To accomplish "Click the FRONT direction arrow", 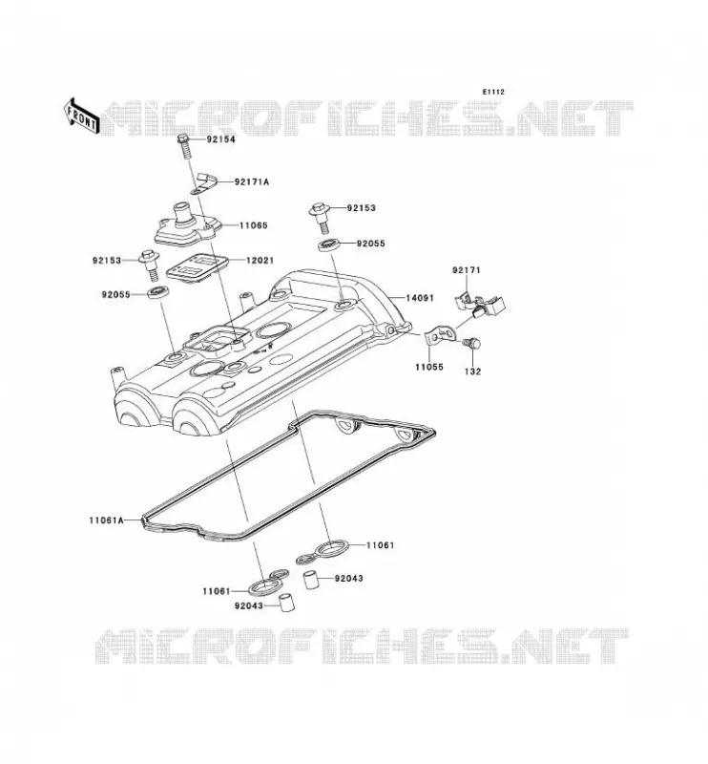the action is coord(81,116).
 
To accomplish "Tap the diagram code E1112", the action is coord(493,92).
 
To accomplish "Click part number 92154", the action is coord(220,139).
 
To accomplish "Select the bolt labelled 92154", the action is coord(184,146).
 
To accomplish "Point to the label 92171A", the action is coord(252,181).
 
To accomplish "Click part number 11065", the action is coord(253,225).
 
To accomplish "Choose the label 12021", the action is coord(260,261).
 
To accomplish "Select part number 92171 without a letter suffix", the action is coord(467,270).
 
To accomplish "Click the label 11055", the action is coord(429,367).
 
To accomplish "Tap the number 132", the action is coord(472,371).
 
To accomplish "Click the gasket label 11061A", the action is coord(106,520).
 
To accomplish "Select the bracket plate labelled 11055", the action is coord(440,335).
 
